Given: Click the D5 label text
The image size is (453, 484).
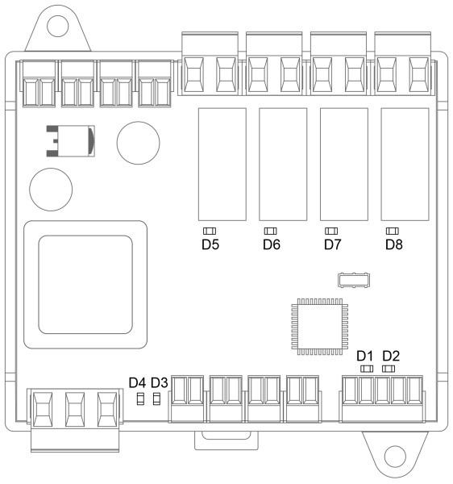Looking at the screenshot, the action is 210,244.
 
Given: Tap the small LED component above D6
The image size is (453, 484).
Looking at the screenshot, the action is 271,231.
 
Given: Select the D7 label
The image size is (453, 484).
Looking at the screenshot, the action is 332,244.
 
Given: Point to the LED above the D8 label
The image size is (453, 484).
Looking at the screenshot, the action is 393,231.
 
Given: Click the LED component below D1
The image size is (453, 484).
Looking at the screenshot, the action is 367,369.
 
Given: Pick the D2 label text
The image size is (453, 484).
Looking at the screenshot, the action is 391,356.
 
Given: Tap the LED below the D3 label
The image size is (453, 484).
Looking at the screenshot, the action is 156,398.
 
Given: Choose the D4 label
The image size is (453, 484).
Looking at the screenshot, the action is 137,382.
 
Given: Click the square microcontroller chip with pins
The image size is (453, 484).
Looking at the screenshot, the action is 320,327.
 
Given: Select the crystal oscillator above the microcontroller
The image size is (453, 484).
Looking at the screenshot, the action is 354,280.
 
